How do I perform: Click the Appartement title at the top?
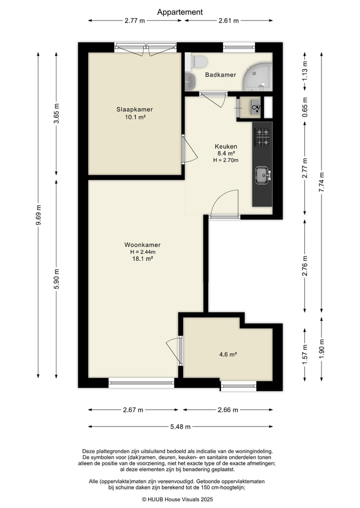(x=180, y=12)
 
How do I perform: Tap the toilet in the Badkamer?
(x=198, y=61)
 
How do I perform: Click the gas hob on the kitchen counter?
(x=262, y=137)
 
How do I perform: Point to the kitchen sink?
(x=262, y=175)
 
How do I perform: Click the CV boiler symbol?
(x=256, y=107)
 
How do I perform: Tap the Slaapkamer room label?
(x=134, y=109)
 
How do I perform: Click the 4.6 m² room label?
(x=228, y=355)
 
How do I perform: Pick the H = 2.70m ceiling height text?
(x=225, y=160)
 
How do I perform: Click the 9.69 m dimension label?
(x=38, y=215)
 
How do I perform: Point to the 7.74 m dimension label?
(x=321, y=182)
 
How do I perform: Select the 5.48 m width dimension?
(x=180, y=427)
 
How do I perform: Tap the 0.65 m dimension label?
(x=305, y=107)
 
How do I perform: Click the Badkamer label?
(x=220, y=75)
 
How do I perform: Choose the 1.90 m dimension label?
(x=321, y=349)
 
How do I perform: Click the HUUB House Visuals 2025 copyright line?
(x=177, y=500)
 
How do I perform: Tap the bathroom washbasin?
(x=189, y=81)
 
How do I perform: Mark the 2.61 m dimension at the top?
(x=228, y=21)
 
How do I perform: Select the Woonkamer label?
(x=142, y=245)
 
